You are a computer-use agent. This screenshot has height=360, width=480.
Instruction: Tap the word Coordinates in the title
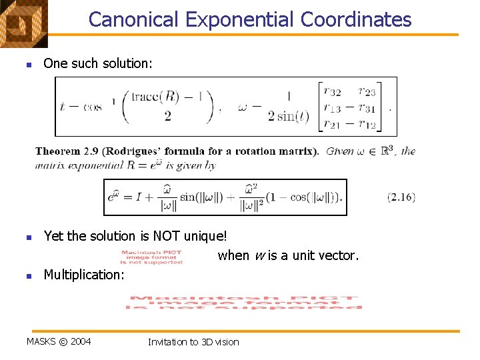tap(356, 19)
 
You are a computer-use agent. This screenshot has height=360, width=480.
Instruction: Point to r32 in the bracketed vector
tap(333, 92)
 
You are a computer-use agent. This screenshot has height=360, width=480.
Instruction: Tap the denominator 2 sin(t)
tap(289, 117)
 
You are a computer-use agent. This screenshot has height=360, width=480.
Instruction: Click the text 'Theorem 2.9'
tap(64, 151)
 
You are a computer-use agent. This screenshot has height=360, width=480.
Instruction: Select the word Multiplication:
tap(84, 275)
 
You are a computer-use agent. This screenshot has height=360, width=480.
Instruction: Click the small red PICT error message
tap(151, 257)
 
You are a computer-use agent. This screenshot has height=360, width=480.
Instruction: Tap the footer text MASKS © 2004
tap(59, 342)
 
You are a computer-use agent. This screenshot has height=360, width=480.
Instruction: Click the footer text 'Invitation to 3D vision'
tap(193, 342)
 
